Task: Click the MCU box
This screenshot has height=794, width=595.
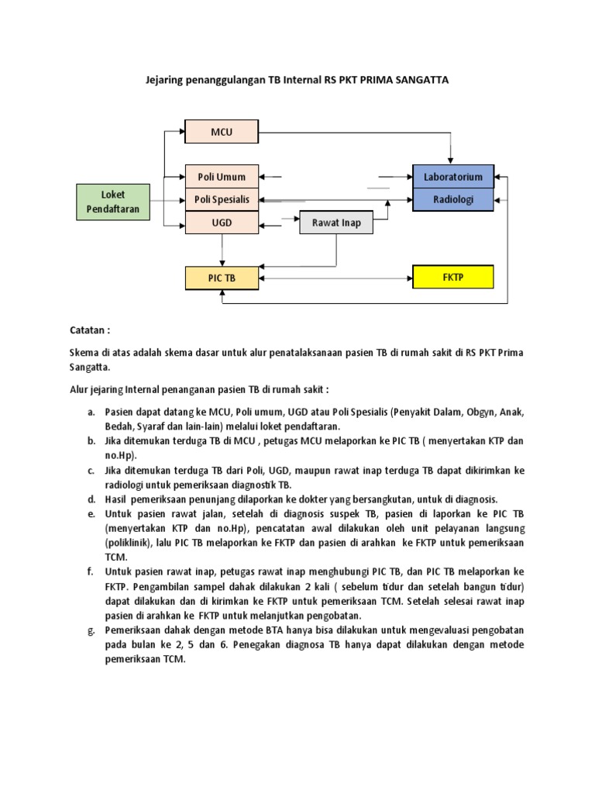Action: click(222, 132)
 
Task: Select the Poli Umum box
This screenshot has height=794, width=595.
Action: click(222, 177)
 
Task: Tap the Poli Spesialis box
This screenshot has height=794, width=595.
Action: click(222, 200)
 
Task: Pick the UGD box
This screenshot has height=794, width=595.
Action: click(222, 223)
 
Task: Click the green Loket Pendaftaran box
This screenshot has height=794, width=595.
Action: click(112, 201)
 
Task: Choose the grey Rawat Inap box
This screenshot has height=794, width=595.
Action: click(335, 223)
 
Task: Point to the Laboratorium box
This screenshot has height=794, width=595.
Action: click(452, 177)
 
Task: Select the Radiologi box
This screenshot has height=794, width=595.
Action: click(452, 199)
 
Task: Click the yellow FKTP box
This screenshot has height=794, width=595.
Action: click(452, 277)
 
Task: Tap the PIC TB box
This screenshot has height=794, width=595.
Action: click(222, 278)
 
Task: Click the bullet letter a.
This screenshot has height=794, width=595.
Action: click(91, 413)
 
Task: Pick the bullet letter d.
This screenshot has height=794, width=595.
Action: click(91, 499)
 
